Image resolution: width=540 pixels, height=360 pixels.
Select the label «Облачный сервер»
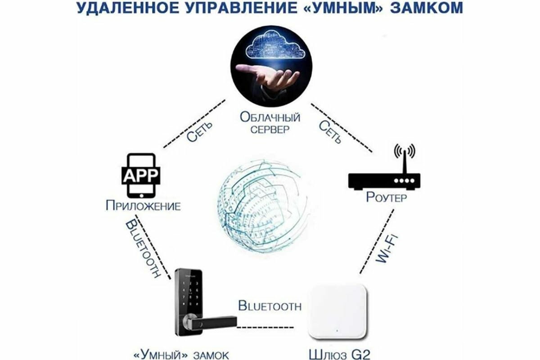point(270,124)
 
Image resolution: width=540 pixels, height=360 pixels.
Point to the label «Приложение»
point(143,207)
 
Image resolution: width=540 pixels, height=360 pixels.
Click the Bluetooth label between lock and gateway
point(269,306)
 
